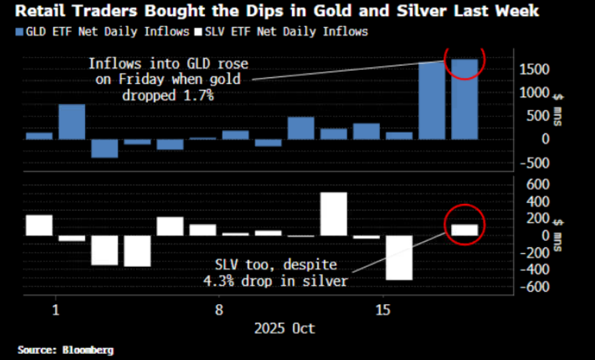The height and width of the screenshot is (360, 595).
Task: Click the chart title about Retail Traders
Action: (x=271, y=11)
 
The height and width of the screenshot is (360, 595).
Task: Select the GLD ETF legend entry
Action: (x=101, y=32)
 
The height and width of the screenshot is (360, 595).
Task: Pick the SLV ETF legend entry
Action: (x=281, y=32)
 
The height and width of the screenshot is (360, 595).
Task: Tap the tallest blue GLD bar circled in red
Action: (x=464, y=99)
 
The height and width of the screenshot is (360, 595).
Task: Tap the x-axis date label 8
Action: (x=219, y=310)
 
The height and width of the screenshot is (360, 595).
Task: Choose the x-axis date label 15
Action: (x=383, y=310)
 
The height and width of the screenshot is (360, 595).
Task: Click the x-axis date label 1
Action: (x=56, y=310)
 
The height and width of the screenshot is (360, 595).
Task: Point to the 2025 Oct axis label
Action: (x=285, y=329)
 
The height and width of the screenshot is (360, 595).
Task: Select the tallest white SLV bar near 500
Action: (x=334, y=214)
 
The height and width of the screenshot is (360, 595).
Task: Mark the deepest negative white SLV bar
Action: (x=399, y=257)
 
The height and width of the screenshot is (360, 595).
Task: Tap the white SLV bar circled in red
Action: (x=464, y=229)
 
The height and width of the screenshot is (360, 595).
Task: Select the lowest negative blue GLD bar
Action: (x=105, y=148)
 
